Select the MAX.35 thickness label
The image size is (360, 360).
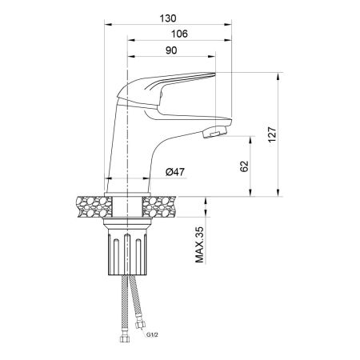(198, 244)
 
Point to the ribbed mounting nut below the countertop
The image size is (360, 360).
(127, 253)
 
